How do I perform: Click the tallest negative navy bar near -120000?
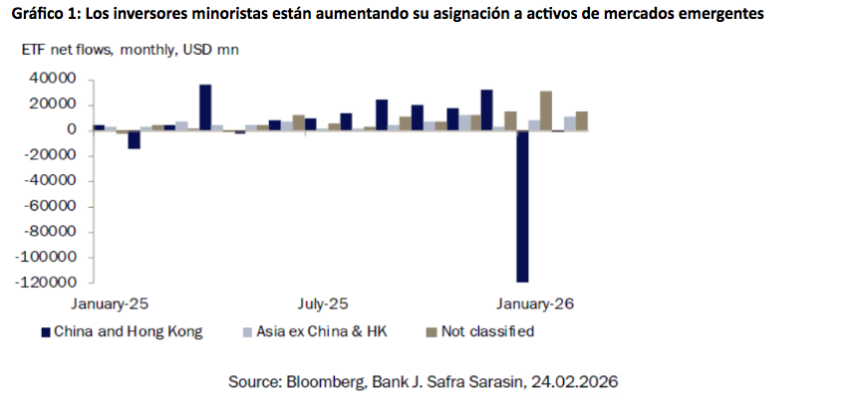(x=522, y=206)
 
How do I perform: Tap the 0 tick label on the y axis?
(x=72, y=129)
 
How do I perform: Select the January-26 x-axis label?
(x=535, y=302)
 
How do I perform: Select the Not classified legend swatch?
(x=432, y=332)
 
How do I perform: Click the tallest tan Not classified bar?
(x=546, y=110)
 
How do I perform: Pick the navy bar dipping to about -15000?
(x=134, y=139)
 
